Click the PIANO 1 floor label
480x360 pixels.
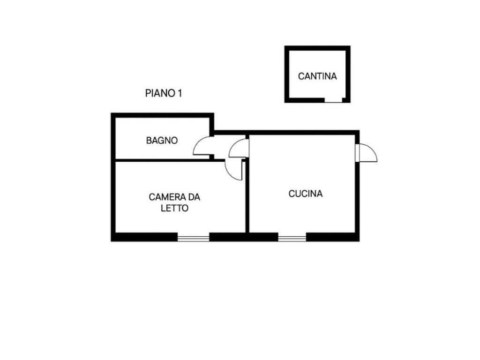click(163, 93)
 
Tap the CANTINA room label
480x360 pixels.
click(317, 76)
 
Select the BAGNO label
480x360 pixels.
click(162, 140)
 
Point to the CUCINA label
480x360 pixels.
click(305, 193)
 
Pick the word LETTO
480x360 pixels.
click(174, 209)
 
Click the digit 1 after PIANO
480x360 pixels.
click(179, 93)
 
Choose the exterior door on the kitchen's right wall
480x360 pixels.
click(367, 152)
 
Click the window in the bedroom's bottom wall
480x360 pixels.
click(193, 238)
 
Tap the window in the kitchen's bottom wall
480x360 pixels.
click(292, 238)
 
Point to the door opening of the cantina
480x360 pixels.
click(333, 100)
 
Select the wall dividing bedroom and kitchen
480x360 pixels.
click(247, 197)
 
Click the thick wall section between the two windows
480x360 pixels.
click(243, 237)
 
